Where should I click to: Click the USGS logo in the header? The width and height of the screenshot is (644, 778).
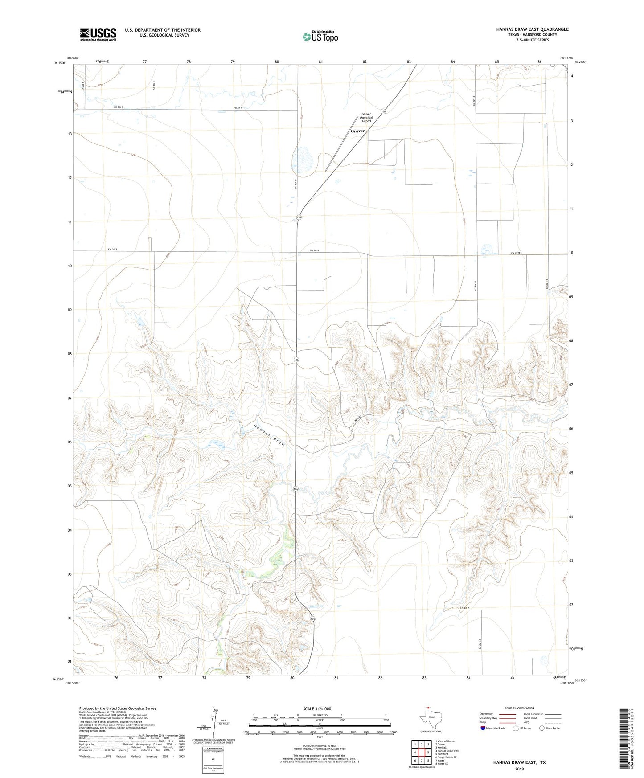98,34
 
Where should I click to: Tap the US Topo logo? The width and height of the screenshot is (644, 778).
320,37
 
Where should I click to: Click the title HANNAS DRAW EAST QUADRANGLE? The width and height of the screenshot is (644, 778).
532,29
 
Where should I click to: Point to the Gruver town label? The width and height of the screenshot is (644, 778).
357,131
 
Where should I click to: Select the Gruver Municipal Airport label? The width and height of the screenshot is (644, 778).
366,117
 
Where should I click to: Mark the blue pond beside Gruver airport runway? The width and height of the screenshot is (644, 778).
302,158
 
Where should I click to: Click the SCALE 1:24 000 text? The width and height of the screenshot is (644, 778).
316,708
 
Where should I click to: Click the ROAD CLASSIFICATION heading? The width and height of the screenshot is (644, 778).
519,708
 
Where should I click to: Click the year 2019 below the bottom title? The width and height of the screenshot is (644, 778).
519,769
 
